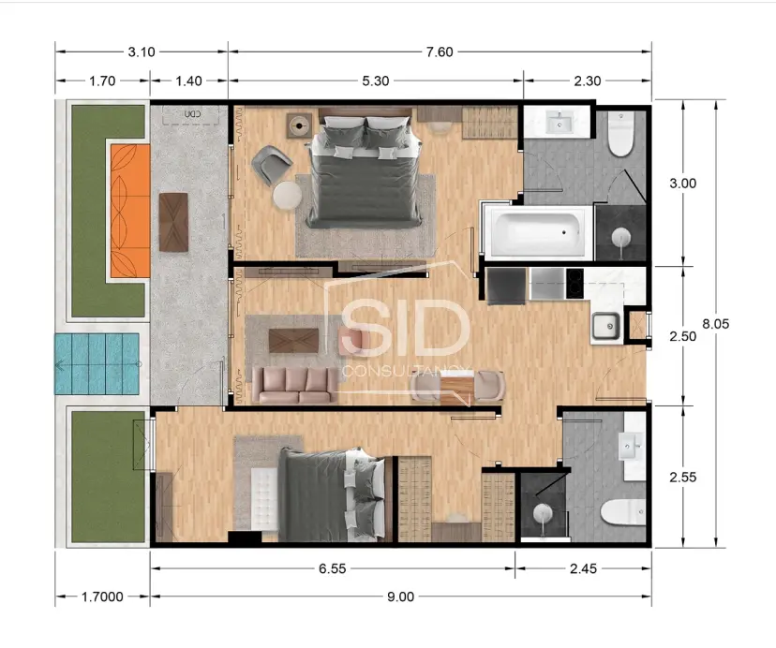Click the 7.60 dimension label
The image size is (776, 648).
440,52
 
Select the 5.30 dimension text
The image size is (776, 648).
376,81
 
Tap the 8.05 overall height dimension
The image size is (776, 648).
716,323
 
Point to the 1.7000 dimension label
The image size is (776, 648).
102,596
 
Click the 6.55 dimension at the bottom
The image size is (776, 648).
332,568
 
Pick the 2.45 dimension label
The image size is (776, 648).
583,568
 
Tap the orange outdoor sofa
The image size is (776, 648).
130,211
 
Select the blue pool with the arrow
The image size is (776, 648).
97,364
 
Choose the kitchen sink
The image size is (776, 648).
605,326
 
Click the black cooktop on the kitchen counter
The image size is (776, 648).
575,284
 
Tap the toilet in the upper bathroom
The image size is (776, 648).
620,133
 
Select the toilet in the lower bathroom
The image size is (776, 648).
622,512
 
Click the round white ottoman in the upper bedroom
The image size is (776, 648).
287,195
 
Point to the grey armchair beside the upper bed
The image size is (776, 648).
271,165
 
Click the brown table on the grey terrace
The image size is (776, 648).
173,222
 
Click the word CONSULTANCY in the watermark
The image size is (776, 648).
407,372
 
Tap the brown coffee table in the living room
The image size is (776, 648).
293,340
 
